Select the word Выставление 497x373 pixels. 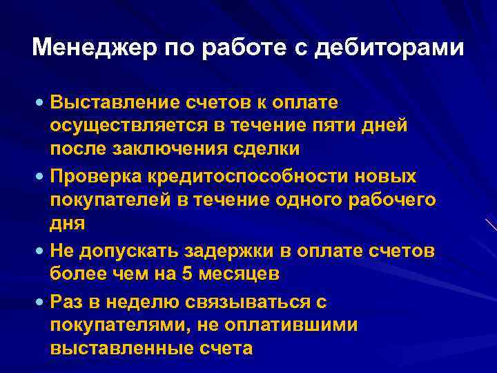(118, 103)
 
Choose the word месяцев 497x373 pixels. (245, 274)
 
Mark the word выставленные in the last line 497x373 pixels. (115, 347)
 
